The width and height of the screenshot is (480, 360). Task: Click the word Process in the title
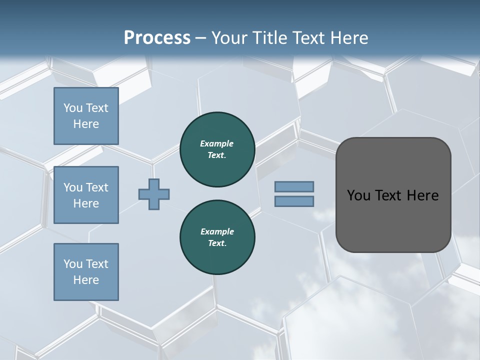(x=157, y=38)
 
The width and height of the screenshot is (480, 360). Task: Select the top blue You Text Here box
(x=86, y=116)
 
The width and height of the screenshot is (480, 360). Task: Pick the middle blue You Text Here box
(x=86, y=195)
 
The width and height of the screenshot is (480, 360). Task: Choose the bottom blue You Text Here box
(x=86, y=272)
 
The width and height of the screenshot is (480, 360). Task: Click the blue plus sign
(x=154, y=194)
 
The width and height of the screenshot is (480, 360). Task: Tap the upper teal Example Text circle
(x=217, y=149)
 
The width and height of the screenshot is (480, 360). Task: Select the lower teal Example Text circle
(x=217, y=237)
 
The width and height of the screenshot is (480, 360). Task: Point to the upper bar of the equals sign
(x=294, y=186)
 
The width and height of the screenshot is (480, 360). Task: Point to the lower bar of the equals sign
(x=294, y=201)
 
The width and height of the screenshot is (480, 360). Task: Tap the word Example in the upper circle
(x=217, y=143)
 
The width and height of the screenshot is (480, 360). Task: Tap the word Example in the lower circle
(x=217, y=231)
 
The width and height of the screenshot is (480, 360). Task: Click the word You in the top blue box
(x=73, y=108)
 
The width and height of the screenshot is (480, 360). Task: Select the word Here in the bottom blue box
(x=86, y=280)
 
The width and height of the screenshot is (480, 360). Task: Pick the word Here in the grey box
(x=422, y=195)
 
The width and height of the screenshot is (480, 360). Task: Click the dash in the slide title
(x=201, y=38)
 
